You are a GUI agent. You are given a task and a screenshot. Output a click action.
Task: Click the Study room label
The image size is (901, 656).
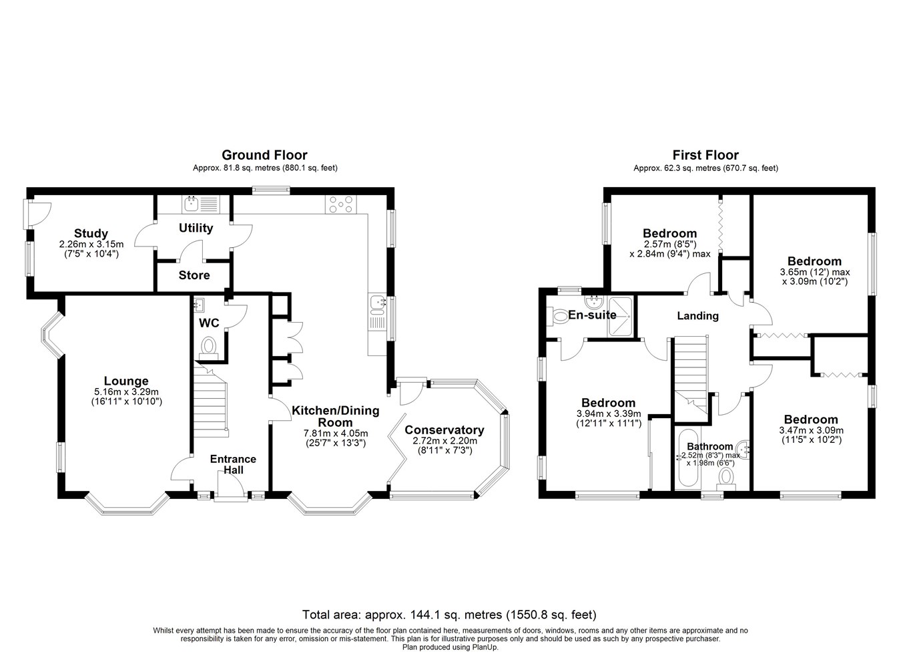[91, 234]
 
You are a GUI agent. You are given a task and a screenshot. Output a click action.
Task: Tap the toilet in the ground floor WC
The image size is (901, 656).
[208, 348]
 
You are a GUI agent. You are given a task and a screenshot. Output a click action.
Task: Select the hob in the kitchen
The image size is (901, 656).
[340, 204]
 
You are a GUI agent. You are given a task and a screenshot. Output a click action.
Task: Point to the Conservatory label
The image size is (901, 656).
[444, 430]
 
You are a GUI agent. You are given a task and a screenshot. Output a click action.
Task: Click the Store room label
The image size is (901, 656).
[194, 275]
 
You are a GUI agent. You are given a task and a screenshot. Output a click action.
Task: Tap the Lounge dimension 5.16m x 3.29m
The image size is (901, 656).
[126, 391]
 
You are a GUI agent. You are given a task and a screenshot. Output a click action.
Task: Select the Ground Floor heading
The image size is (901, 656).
[265, 155]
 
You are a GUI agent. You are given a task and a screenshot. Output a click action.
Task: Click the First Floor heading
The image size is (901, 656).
[705, 155]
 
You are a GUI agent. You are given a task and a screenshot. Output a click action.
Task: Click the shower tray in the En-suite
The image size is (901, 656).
[621, 317]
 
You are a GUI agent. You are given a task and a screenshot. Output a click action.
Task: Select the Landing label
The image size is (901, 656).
[698, 316]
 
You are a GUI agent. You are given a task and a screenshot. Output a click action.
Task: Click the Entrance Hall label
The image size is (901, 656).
[233, 464]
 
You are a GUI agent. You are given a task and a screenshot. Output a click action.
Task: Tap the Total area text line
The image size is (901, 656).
[449, 615]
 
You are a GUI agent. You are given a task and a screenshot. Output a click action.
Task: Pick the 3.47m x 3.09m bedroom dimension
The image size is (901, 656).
[812, 430]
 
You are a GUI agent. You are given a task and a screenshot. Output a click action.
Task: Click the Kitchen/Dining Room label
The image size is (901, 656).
[336, 416]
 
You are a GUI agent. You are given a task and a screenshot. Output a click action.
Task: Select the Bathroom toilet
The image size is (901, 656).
[726, 478]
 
